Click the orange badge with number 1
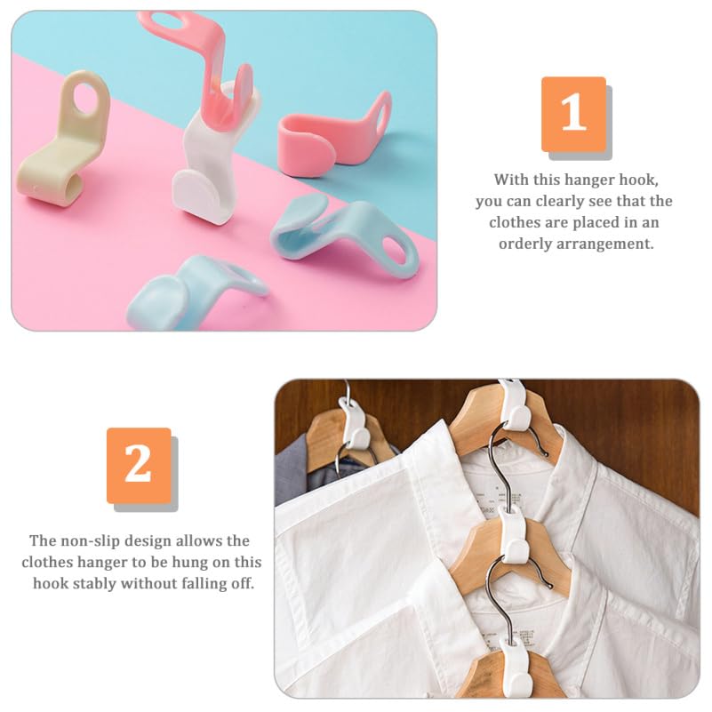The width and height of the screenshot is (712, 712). pos(573,113)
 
